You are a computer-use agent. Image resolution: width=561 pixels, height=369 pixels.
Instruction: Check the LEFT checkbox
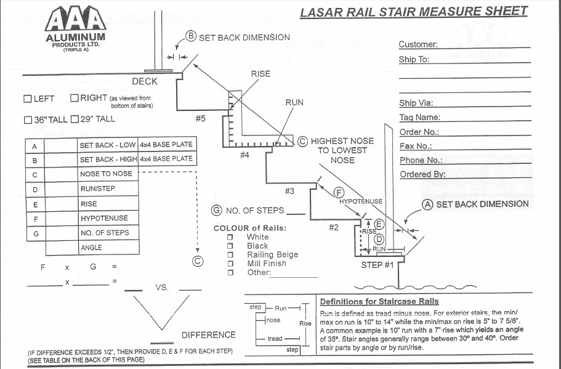tap(28, 99)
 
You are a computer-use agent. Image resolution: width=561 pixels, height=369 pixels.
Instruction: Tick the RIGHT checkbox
tap(75, 98)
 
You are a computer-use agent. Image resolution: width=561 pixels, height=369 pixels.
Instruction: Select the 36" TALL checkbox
tap(28, 119)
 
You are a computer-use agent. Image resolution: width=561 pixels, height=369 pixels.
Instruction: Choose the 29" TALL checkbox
tap(75, 119)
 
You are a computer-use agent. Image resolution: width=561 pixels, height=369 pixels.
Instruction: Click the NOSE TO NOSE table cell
tap(106, 174)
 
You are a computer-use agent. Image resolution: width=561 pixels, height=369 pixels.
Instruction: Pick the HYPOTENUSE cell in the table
tap(104, 218)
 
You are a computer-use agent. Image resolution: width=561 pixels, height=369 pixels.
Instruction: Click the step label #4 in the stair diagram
tap(244, 155)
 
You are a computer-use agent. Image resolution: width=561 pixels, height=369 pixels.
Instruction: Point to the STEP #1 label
tap(377, 265)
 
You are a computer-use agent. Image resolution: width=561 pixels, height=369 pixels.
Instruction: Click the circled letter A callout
tap(427, 204)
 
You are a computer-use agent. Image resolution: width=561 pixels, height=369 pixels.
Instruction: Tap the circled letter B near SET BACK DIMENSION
tap(191, 37)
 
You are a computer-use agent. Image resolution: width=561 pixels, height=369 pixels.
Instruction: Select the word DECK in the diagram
tap(145, 81)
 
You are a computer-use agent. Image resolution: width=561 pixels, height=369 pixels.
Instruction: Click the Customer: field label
tap(418, 44)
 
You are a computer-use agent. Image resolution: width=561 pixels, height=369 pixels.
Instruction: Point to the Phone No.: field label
tap(421, 160)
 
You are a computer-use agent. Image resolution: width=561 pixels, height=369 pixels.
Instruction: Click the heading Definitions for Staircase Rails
tap(379, 301)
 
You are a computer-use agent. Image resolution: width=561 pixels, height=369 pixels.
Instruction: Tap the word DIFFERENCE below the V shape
tap(208, 335)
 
